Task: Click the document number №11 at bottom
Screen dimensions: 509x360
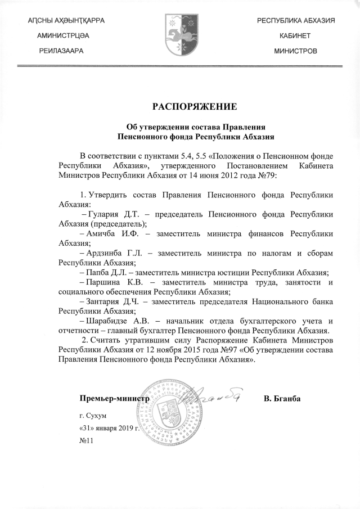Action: tap(86, 440)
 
